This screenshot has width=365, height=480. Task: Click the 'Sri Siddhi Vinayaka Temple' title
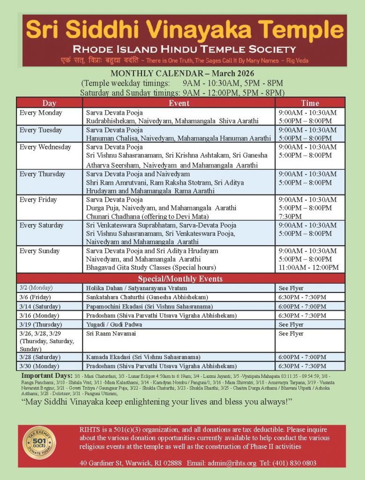click(x=185, y=30)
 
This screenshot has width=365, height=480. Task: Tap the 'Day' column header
click(x=49, y=103)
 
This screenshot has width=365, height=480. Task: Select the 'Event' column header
click(x=179, y=103)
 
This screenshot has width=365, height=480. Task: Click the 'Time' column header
click(x=310, y=103)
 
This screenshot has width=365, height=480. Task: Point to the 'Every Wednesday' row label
click(x=45, y=147)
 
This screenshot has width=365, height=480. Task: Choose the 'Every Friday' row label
click(x=38, y=200)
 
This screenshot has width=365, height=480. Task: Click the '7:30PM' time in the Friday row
click(x=291, y=217)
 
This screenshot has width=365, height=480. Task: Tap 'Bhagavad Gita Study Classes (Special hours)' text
click(x=151, y=268)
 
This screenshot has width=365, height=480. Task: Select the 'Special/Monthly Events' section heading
click(x=180, y=279)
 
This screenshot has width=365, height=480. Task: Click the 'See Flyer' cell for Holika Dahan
click(x=291, y=288)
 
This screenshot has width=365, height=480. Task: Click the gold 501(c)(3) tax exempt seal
click(x=39, y=444)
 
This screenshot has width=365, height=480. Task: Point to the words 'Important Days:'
click(x=47, y=376)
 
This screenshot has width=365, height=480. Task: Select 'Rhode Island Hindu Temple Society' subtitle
click(x=184, y=49)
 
